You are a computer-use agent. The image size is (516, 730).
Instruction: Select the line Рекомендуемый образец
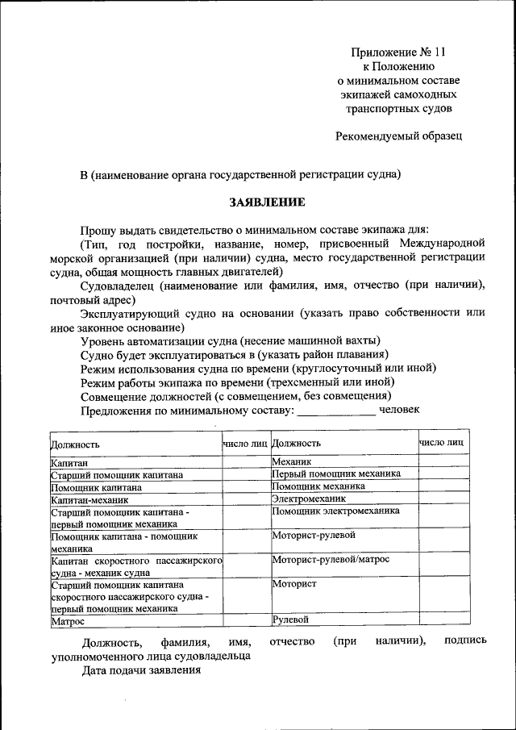tap(398, 136)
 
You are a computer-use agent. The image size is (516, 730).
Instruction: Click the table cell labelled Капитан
tap(69, 462)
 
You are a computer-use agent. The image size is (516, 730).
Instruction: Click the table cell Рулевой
tap(291, 619)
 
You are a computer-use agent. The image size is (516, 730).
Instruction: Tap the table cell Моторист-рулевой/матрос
tap(331, 558)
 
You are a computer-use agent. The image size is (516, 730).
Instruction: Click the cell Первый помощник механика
tap(335, 473)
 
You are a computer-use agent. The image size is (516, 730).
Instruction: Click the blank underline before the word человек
tap(336, 411)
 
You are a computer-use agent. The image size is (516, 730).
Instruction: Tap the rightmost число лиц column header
tap(441, 442)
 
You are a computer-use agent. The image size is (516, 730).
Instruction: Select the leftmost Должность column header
tap(75, 444)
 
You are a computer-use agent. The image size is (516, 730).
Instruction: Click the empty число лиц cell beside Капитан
tap(246, 462)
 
